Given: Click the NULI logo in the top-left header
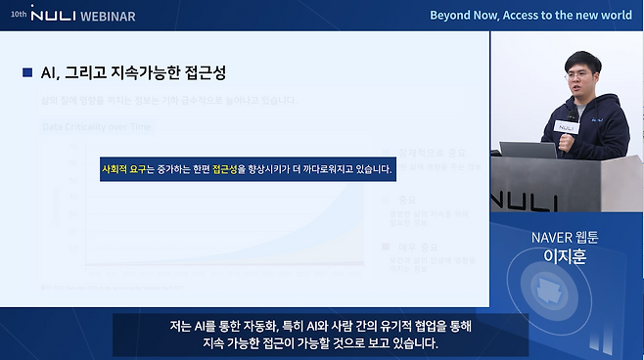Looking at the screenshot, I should point(59,17).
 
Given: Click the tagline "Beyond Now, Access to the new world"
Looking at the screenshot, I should point(532,16).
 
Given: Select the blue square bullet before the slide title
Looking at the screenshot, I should point(27,73).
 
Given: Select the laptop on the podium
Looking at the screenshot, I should point(529,151).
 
